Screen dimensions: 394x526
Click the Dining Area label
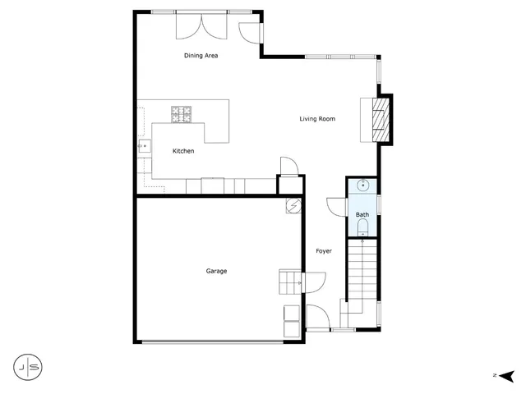(201, 56)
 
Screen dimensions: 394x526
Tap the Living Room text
(317, 119)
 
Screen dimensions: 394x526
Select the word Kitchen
(183, 151)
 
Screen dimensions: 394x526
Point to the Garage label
(216, 271)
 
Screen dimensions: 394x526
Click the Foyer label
(324, 251)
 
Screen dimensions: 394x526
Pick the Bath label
(362, 215)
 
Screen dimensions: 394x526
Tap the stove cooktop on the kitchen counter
(182, 114)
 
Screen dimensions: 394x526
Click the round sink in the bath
(362, 186)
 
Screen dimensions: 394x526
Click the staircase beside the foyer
(361, 271)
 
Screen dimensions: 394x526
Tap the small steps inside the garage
(290, 283)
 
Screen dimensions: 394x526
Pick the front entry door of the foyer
(316, 316)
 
